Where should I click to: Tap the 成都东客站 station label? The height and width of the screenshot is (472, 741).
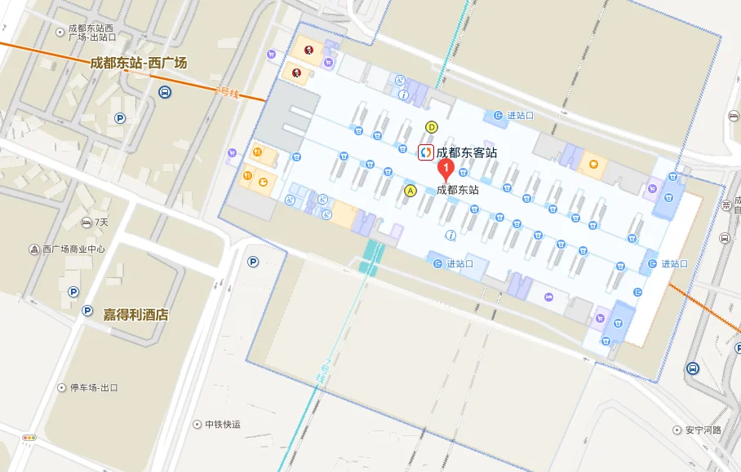point(466,152)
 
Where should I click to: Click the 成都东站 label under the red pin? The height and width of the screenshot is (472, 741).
point(458,189)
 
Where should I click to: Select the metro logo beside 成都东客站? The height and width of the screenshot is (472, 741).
point(425,152)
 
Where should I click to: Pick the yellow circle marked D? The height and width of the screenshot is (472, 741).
point(432,127)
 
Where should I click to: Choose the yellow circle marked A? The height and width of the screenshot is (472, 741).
point(410,190)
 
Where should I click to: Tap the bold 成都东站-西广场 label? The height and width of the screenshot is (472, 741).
point(138,63)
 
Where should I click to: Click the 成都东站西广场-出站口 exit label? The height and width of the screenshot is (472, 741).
point(91,33)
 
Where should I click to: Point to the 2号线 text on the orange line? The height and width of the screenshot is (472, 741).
point(227,92)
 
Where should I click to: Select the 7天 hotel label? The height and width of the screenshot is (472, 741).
point(101,222)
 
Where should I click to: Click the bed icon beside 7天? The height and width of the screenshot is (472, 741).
point(87,222)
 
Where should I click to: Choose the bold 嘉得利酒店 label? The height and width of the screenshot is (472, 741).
point(135,315)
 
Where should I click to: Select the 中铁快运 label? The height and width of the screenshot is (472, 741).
point(223,424)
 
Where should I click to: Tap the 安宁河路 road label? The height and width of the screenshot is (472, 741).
point(703,430)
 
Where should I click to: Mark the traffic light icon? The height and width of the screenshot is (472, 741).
point(29,438)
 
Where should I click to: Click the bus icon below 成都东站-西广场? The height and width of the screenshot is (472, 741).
point(165,92)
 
